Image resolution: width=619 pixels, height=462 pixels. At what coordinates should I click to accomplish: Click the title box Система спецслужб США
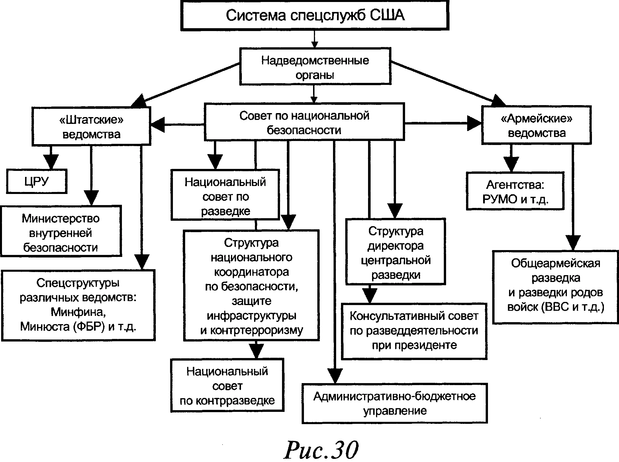(315, 15)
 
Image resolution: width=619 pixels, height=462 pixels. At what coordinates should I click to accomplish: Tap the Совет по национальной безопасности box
(304, 122)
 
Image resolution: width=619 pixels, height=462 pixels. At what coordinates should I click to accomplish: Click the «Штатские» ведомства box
(91, 126)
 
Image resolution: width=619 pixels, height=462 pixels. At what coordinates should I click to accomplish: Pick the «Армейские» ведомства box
(536, 125)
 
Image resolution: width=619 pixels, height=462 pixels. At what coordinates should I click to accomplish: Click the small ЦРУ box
(36, 181)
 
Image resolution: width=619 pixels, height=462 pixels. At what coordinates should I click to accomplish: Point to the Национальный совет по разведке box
(225, 196)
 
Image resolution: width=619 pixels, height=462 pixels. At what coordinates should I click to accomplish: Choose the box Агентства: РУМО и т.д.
(515, 191)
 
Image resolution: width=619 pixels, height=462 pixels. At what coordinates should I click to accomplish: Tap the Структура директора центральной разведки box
(395, 252)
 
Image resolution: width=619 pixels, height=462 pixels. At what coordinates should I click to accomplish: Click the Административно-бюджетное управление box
(395, 403)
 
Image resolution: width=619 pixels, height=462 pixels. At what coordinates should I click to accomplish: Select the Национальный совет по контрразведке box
(227, 385)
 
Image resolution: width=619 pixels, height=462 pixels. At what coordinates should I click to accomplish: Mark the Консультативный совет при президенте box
(414, 331)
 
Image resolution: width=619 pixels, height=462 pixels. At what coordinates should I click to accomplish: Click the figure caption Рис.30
(321, 449)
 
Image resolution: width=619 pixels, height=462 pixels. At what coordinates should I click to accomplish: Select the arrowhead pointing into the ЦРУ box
(51, 162)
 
